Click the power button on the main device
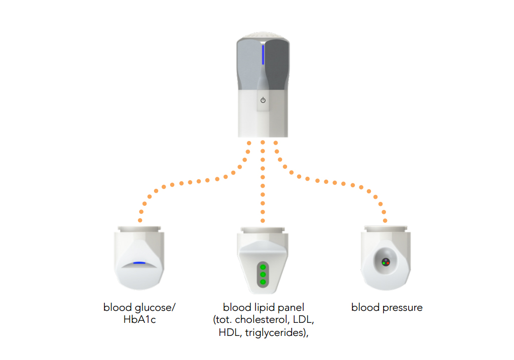coord(263,100)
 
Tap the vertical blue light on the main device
coord(263,55)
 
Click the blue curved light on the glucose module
coord(140,263)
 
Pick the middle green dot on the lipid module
coord(263,275)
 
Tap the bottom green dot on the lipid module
coord(263,282)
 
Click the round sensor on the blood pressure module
coord(385,262)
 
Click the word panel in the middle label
coord(292,307)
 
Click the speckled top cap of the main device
coord(263,36)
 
